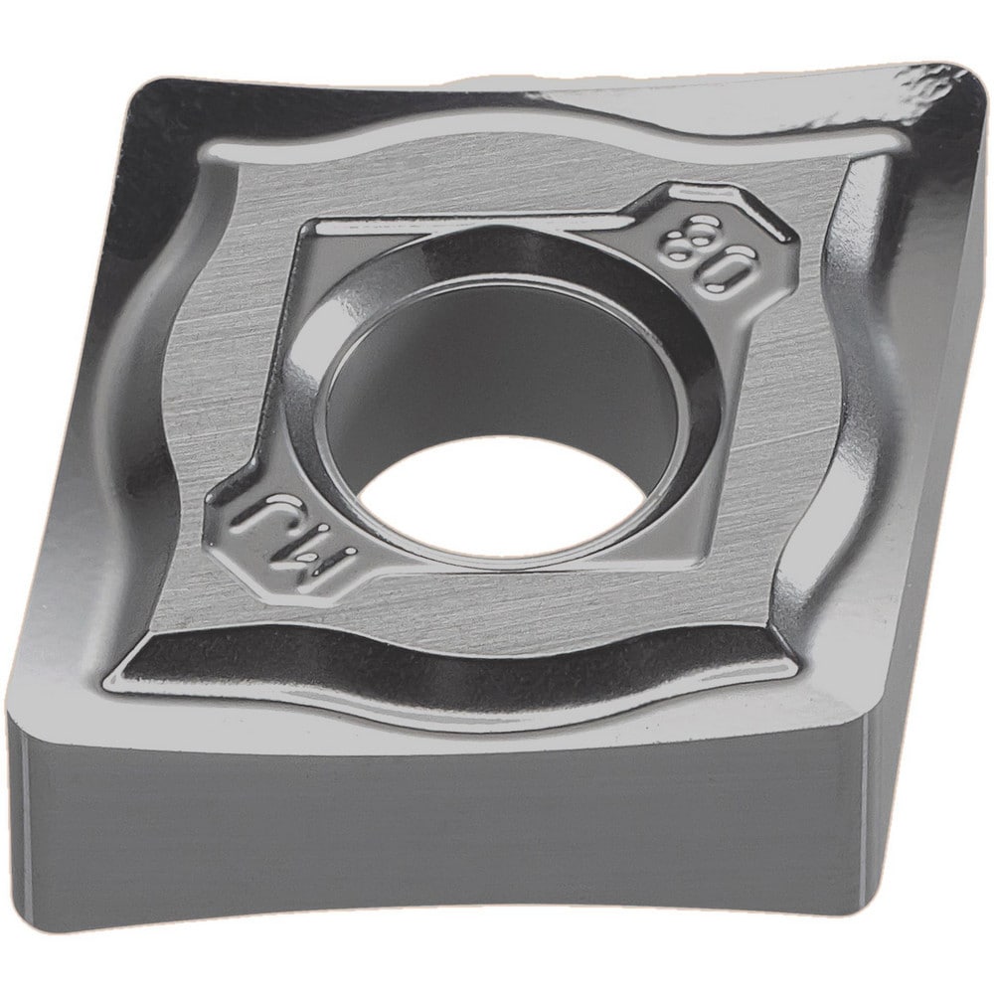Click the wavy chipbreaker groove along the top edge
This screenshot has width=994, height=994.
coord(547,129)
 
